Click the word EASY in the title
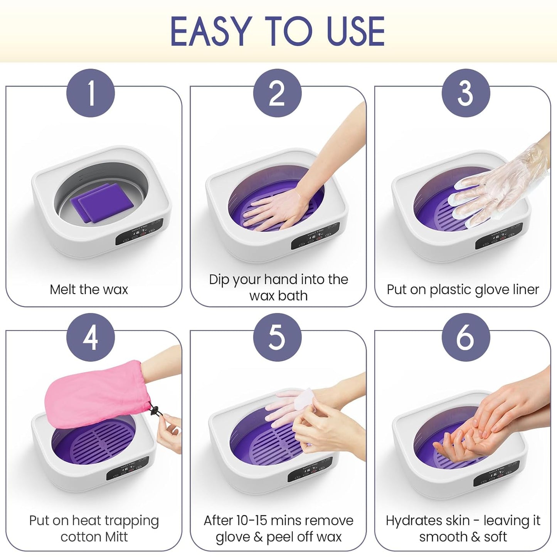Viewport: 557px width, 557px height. pyautogui.click(x=210, y=32)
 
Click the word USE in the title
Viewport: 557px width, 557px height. pyautogui.click(x=355, y=32)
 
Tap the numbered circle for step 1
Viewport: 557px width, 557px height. pyautogui.click(x=91, y=93)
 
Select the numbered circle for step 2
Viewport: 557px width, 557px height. pyautogui.click(x=277, y=93)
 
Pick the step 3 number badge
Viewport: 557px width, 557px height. pyautogui.click(x=466, y=93)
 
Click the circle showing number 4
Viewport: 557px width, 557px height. pyautogui.click(x=91, y=337)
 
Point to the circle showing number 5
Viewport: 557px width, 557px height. pyautogui.click(x=277, y=337)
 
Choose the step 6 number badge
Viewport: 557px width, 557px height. pyautogui.click(x=466, y=337)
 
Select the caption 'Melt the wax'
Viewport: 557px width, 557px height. pyautogui.click(x=89, y=289)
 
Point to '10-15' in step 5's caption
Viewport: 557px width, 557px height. pyautogui.click(x=256, y=520)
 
